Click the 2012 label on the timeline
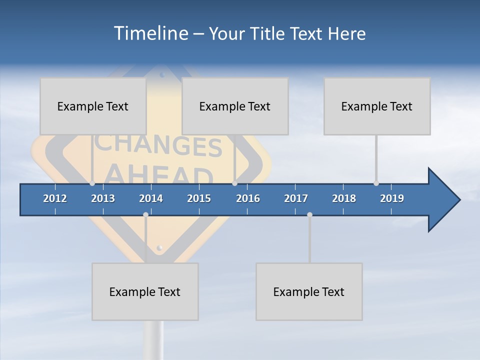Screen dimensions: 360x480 point(55,198)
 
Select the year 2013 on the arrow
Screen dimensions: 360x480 point(103,198)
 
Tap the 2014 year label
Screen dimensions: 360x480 point(151,198)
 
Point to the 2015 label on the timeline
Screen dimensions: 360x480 point(199,198)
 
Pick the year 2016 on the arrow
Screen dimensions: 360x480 point(248,198)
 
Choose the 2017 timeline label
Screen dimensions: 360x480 point(296,198)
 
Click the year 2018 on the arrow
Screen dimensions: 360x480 point(344,198)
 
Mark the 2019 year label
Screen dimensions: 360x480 point(392,198)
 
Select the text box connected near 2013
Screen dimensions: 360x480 point(93,106)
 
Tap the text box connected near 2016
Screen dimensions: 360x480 point(235,106)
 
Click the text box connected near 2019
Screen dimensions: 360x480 point(377,106)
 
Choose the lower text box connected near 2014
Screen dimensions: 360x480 point(145,291)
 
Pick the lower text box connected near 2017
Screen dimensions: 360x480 point(309,291)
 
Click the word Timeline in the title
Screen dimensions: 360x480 point(149,33)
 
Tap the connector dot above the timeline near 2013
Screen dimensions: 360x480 point(92,183)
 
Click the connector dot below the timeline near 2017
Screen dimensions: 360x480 point(309,214)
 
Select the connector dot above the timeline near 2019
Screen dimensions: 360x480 point(376,183)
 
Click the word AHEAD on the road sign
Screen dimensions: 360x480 point(160,174)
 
